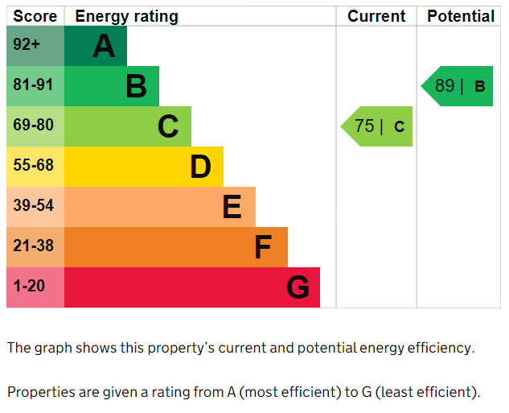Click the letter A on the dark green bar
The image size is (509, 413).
104,47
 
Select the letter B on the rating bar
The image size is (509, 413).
136,86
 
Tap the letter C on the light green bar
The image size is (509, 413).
167,126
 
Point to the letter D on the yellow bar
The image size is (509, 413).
200,167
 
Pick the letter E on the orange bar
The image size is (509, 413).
232,207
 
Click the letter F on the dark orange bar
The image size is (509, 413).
263,247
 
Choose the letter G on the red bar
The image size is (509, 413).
298,287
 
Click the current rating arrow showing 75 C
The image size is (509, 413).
378,126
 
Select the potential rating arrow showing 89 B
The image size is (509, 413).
458,86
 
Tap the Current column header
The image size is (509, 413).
376,16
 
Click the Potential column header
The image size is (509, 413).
461,16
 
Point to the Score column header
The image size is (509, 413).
35,16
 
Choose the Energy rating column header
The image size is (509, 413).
126,16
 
